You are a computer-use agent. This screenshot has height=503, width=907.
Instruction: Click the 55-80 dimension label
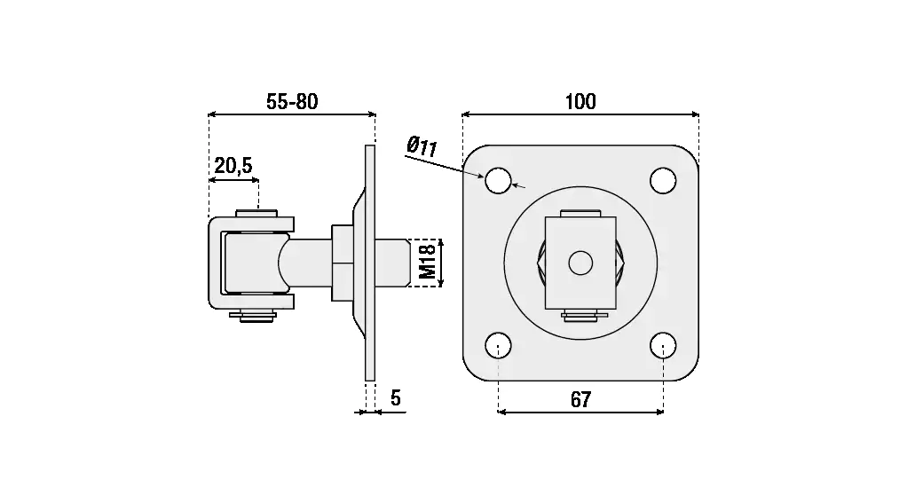pyautogui.click(x=292, y=102)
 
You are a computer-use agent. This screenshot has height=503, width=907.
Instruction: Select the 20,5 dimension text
pyautogui.click(x=233, y=166)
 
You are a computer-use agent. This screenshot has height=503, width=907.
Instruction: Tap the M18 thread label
pyautogui.click(x=427, y=262)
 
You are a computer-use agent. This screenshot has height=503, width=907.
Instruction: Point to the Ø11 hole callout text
pyautogui.click(x=422, y=146)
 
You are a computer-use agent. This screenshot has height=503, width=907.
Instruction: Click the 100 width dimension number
pyautogui.click(x=580, y=102)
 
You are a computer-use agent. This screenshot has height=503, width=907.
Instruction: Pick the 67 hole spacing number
pyautogui.click(x=580, y=399)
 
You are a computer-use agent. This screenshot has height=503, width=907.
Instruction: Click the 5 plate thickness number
pyautogui.click(x=396, y=398)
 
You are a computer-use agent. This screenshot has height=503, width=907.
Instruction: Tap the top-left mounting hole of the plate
pyautogui.click(x=498, y=180)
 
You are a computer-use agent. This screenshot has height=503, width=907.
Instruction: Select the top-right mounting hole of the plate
pyautogui.click(x=663, y=180)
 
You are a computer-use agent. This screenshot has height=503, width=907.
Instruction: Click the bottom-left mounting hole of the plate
pyautogui.click(x=498, y=346)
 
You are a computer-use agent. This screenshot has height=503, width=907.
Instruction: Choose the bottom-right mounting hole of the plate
pyautogui.click(x=663, y=346)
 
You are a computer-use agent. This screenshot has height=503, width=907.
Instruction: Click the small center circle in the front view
pyautogui.click(x=580, y=263)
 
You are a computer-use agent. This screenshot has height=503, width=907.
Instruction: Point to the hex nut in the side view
pyautogui.click(x=343, y=263)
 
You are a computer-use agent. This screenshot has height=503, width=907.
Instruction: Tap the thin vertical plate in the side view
pyautogui.click(x=370, y=263)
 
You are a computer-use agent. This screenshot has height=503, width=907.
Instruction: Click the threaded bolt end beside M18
pyautogui.click(x=393, y=263)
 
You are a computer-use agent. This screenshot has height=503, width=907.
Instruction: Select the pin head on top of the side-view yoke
pyautogui.click(x=256, y=213)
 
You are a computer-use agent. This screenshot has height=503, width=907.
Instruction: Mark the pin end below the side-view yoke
pyautogui.click(x=252, y=316)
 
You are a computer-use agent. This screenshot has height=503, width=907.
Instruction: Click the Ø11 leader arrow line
pyautogui.click(x=444, y=166)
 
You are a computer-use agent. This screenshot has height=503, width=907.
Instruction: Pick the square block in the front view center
pyautogui.click(x=580, y=263)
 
